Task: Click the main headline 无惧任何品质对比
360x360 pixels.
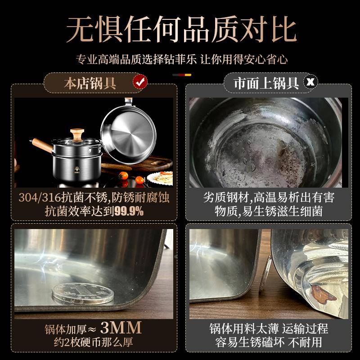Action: pyautogui.click(x=180, y=29)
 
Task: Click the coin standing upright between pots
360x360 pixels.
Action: pyautogui.click(x=268, y=270)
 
